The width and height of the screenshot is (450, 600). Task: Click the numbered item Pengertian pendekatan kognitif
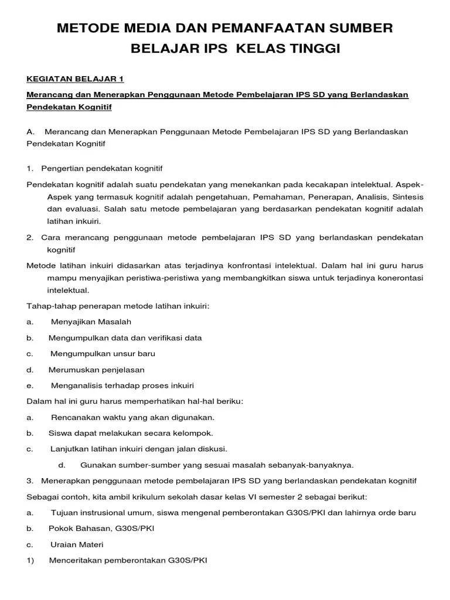pos(101,169)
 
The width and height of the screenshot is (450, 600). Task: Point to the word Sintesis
pos(407,196)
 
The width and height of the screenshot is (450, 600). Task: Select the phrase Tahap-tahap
pos(50,306)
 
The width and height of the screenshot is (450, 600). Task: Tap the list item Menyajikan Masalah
pos(91,322)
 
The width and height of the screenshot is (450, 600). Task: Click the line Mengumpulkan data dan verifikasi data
pos(125,338)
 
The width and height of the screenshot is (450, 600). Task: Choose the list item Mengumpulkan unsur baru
pos(103,354)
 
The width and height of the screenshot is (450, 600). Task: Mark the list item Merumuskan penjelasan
pos(97,370)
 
